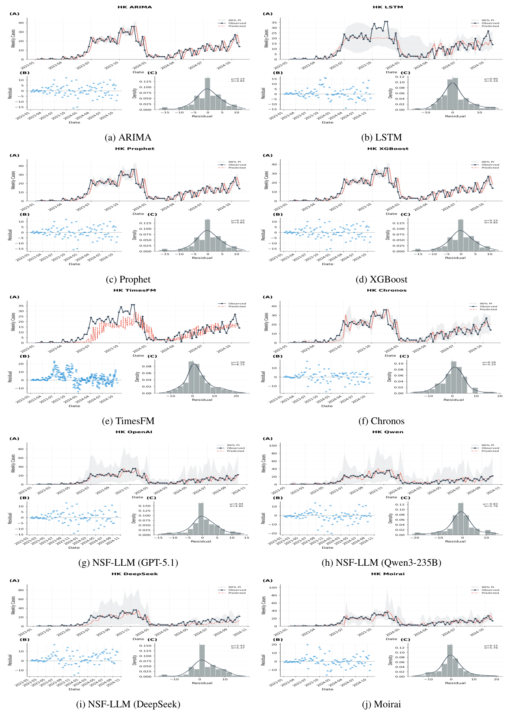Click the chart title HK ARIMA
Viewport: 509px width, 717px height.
click(135, 7)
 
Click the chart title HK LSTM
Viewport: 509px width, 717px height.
click(388, 7)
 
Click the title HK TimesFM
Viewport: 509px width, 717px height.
click(135, 290)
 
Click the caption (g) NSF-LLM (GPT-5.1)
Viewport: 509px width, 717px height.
click(128, 562)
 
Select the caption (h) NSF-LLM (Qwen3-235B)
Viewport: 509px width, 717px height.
click(381, 562)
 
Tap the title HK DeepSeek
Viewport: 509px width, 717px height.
click(135, 574)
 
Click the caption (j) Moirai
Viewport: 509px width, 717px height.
click(381, 704)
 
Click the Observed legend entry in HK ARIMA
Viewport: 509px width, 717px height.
click(237, 23)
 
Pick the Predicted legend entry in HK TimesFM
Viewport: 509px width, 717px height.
click(237, 307)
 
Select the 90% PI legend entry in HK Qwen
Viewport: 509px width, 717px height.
click(488, 445)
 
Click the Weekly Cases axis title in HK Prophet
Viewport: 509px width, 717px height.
click(13, 180)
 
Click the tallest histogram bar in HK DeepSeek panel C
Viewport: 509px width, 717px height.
click(202, 660)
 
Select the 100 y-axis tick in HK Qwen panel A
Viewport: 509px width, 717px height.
click(273, 445)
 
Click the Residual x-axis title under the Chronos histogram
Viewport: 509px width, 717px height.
click(454, 400)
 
